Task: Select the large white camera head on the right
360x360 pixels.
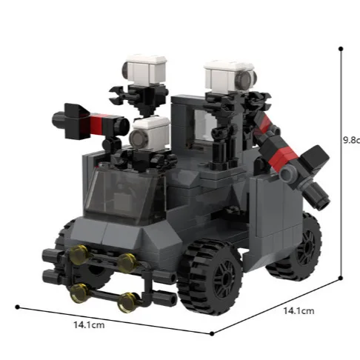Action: [x=229, y=76]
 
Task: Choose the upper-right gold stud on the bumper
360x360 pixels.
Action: [x=128, y=261]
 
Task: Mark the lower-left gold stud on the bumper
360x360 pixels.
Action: [x=77, y=295]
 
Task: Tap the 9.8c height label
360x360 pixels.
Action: [x=350, y=139]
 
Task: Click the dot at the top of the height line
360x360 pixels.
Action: [x=341, y=49]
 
